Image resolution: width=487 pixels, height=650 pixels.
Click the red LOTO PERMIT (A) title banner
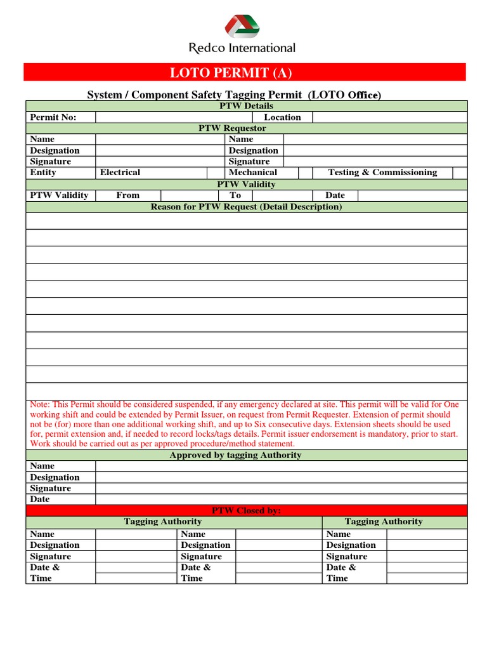tap(245, 72)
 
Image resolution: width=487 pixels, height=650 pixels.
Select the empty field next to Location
tap(389, 117)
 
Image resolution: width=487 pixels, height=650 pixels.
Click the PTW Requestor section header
tap(246, 128)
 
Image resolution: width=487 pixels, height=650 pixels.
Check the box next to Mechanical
tap(305, 173)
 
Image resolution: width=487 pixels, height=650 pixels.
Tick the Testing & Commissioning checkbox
tap(460, 173)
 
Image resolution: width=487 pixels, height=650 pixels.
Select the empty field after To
tap(282, 196)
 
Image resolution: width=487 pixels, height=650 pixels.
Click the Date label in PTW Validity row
tap(335, 196)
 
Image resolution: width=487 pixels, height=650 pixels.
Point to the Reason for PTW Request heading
tap(246, 207)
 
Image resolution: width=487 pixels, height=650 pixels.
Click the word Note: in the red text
tap(41, 404)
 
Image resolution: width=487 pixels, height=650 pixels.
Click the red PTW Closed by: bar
tap(246, 510)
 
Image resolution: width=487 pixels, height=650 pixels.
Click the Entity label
tap(43, 173)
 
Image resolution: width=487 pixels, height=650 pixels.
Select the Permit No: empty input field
tap(174, 117)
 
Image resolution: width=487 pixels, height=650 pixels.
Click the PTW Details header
tap(246, 106)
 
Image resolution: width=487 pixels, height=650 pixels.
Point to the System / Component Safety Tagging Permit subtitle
tap(233, 95)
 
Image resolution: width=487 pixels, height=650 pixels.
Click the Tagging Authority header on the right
tap(384, 522)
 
